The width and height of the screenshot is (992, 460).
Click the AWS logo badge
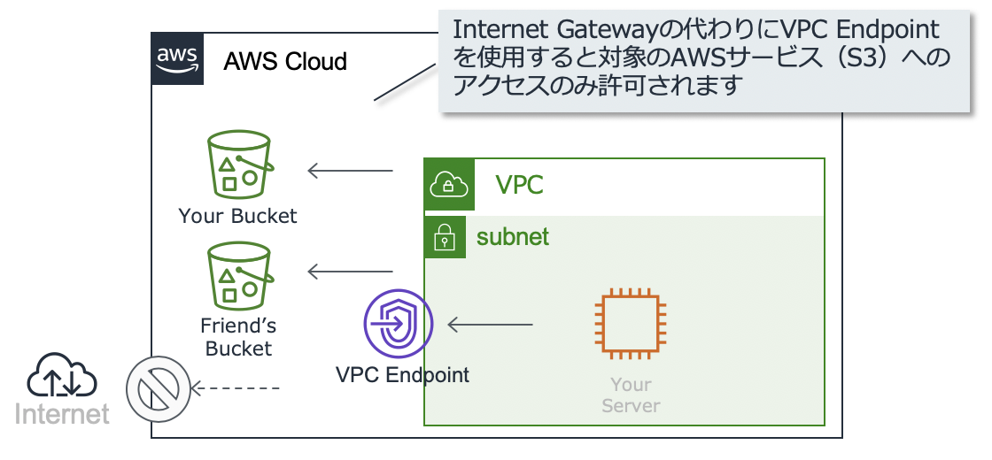coord(177,58)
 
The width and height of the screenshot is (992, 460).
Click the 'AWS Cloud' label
coord(285,61)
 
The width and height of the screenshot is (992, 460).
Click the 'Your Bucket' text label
coord(238,216)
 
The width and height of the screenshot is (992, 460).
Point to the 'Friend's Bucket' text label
coord(238,337)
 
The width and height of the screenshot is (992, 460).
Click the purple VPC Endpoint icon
coord(399,324)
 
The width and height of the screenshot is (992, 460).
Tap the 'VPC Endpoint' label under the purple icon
coord(402,375)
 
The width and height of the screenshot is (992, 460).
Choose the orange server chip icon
coord(630,324)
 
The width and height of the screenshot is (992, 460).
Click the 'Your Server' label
coord(631,395)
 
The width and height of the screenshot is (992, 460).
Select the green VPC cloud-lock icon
coord(448,185)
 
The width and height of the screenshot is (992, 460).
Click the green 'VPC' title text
coord(519,185)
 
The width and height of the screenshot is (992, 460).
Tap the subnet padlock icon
coord(445,237)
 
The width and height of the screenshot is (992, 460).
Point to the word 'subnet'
coord(513,237)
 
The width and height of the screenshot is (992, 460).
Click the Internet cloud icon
coord(61,375)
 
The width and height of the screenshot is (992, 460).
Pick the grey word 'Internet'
coord(62,415)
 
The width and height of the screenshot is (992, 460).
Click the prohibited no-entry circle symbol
coord(158,388)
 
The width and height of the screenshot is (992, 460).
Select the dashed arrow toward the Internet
coord(235,388)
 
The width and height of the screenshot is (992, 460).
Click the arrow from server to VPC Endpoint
coord(491,325)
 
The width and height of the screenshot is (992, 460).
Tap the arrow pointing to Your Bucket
coord(351,171)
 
